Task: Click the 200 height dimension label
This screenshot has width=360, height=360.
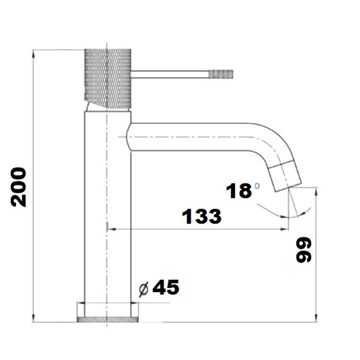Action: click(x=19, y=187)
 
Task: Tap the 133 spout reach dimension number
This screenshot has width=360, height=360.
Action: click(x=202, y=217)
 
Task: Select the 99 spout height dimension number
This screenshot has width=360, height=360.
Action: click(x=303, y=250)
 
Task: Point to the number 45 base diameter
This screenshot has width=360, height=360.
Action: click(x=166, y=287)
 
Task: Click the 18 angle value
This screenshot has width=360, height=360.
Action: click(x=239, y=191)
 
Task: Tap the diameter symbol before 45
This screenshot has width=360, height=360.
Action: click(x=143, y=289)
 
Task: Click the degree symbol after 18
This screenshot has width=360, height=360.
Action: click(x=257, y=186)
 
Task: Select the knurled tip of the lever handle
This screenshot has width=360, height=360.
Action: click(x=221, y=74)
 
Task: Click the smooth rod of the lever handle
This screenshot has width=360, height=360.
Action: click(x=170, y=75)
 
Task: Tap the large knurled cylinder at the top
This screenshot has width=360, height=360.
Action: click(x=107, y=79)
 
